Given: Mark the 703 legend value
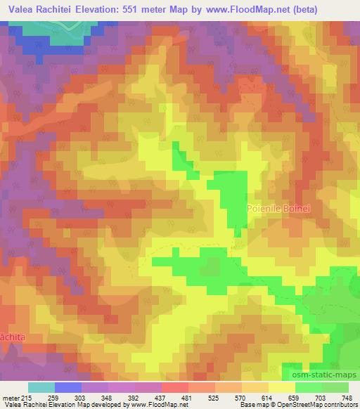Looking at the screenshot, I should tap(318, 398).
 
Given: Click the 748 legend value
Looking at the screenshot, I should tap(347, 398).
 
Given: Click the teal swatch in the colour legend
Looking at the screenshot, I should tap(41, 387).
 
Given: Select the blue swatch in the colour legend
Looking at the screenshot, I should tap(68, 387).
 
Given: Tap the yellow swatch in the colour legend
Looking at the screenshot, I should tap(282, 387).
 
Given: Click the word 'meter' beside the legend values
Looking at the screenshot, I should tap(11, 398).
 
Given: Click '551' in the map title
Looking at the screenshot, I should tap(141, 10).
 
